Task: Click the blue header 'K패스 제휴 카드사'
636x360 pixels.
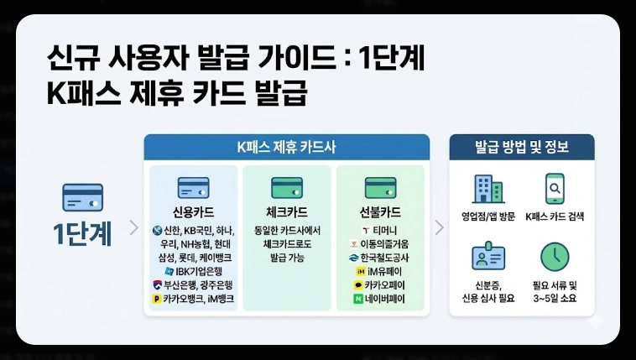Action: click(x=287, y=148)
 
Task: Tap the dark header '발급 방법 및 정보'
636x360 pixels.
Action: click(x=522, y=148)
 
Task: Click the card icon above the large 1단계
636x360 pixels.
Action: click(x=83, y=198)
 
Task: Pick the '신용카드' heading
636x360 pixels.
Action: click(x=194, y=211)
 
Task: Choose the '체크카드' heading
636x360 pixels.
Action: click(x=287, y=211)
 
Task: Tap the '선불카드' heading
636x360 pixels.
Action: click(x=380, y=211)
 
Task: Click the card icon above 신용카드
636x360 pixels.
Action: click(x=194, y=186)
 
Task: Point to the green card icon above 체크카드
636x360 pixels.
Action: click(x=287, y=186)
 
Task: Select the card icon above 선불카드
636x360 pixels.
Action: click(x=380, y=186)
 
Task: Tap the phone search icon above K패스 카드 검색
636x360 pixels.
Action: click(x=555, y=188)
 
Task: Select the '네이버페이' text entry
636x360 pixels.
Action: click(x=385, y=298)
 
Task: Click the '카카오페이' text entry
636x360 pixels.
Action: click(x=385, y=284)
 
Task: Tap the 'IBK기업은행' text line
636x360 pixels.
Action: click(x=199, y=271)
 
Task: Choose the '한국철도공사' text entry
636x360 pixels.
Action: click(x=385, y=258)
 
